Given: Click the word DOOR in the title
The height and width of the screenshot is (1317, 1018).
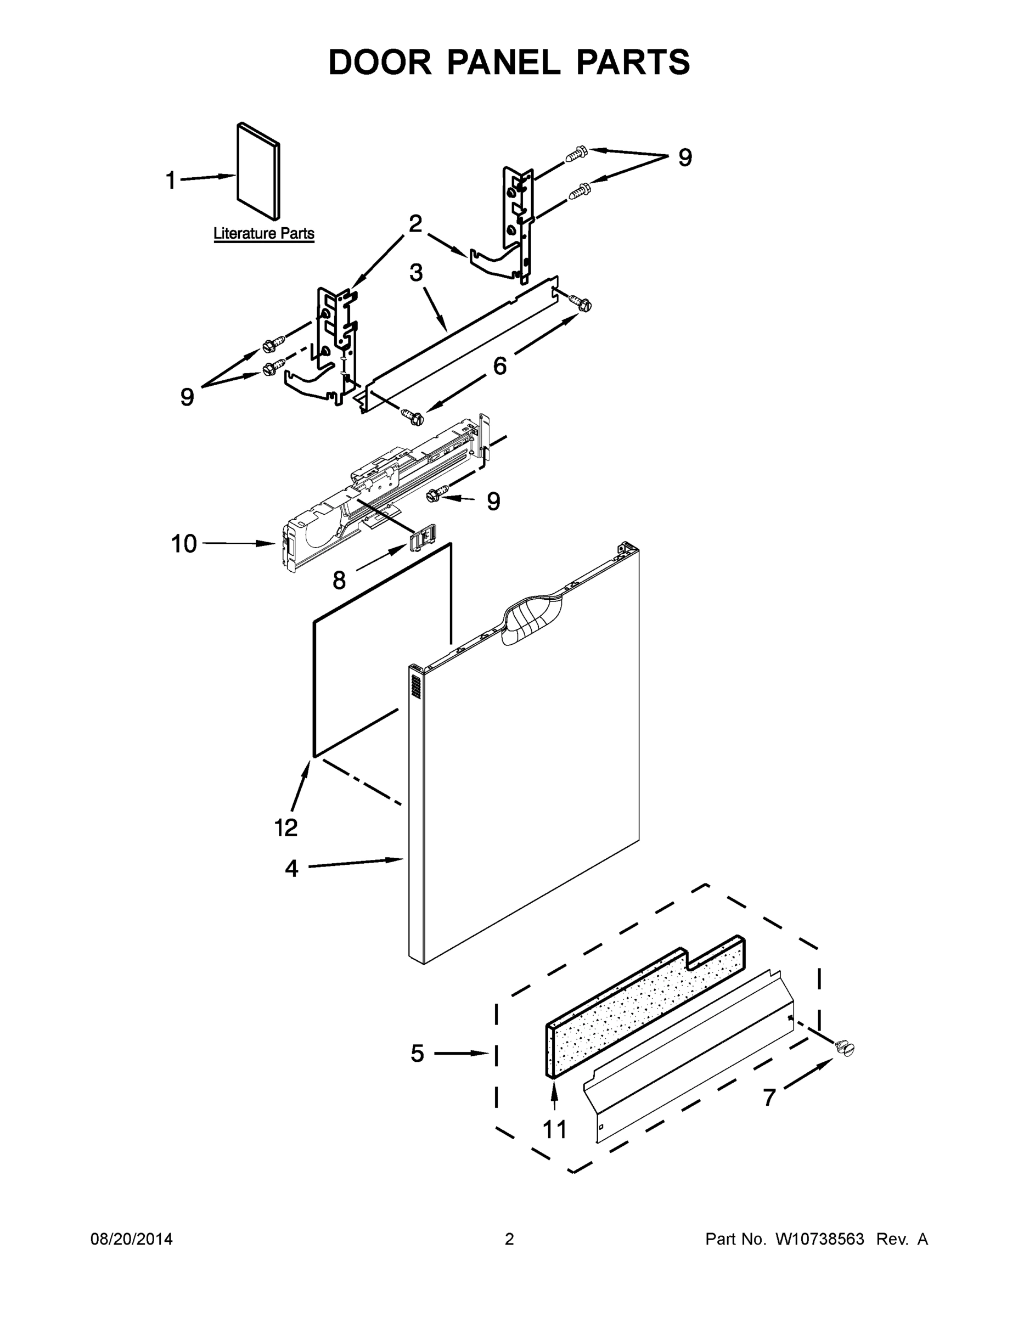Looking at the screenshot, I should (x=380, y=62).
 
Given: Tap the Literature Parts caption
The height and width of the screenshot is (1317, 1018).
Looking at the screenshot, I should (x=264, y=233).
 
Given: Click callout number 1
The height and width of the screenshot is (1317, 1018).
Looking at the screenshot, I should (x=171, y=181).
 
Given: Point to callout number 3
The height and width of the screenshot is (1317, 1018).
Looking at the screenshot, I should (x=416, y=273).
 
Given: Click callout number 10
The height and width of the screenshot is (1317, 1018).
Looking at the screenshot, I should (x=184, y=544).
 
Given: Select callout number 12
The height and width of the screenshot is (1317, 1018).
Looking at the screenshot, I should (x=286, y=828).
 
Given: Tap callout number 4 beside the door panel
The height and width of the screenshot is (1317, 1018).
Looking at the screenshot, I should (x=291, y=868).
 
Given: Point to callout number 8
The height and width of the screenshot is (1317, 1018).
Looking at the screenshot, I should (x=340, y=580).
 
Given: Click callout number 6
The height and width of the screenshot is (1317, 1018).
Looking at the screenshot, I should (x=500, y=365).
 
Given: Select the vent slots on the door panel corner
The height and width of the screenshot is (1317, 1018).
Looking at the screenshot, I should (x=415, y=687).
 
